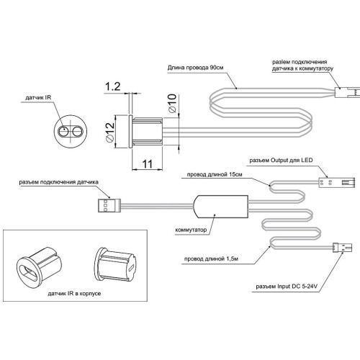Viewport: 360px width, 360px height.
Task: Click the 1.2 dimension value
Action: click(113, 86)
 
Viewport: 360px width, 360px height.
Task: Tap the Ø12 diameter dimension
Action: click(109, 132)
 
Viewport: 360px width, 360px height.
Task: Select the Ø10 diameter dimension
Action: click(172, 103)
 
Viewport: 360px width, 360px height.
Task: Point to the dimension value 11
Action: click(148, 164)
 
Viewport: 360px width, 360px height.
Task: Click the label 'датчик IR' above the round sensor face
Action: click(38, 98)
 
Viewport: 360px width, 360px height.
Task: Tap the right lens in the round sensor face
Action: click(77, 132)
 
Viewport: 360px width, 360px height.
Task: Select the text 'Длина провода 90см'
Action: click(195, 68)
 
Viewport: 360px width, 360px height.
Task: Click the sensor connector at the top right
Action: click(347, 92)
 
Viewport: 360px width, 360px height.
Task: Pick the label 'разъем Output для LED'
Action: click(281, 160)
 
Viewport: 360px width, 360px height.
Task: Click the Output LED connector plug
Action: click(337, 182)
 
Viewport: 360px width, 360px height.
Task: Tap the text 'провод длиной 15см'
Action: click(215, 174)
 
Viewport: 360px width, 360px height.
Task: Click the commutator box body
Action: click(221, 207)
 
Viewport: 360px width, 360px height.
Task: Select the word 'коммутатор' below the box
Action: click(191, 230)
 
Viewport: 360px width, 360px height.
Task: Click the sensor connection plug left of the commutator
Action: click(109, 205)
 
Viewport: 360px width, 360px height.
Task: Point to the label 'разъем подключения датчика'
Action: click(59, 182)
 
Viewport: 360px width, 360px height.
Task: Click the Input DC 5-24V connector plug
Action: click(342, 247)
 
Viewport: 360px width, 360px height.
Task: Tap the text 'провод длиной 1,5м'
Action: click(211, 258)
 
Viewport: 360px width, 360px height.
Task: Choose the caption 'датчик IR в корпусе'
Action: click(74, 293)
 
